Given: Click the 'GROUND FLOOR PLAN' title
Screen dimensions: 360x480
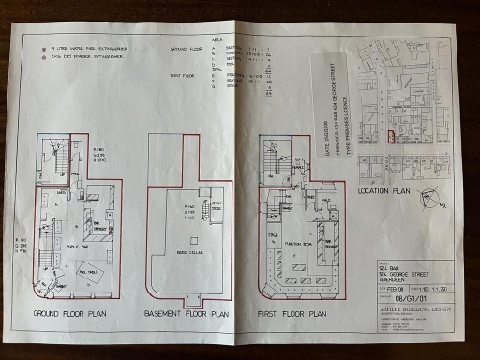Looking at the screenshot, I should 75,312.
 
